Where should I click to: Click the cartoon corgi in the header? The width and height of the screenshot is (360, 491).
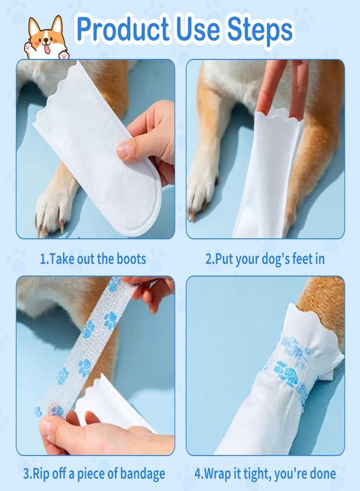pyautogui.click(x=45, y=38)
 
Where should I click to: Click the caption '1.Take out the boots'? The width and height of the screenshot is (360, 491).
pyautogui.click(x=93, y=258)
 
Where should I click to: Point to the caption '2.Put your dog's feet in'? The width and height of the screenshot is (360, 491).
pyautogui.click(x=265, y=258)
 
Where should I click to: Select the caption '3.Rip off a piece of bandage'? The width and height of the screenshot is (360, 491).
pyautogui.click(x=93, y=473)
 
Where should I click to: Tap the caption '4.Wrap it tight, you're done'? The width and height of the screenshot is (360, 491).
pyautogui.click(x=265, y=473)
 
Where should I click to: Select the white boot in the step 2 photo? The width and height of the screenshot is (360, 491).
pyautogui.click(x=267, y=175)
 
